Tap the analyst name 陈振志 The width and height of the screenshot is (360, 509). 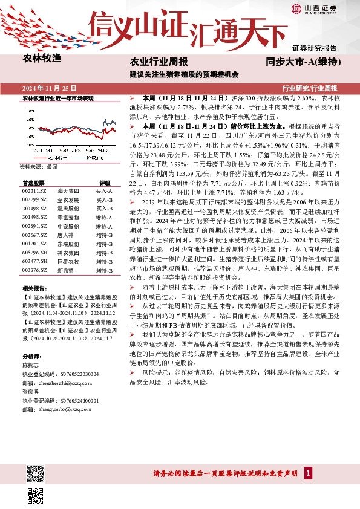click(31, 365)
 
